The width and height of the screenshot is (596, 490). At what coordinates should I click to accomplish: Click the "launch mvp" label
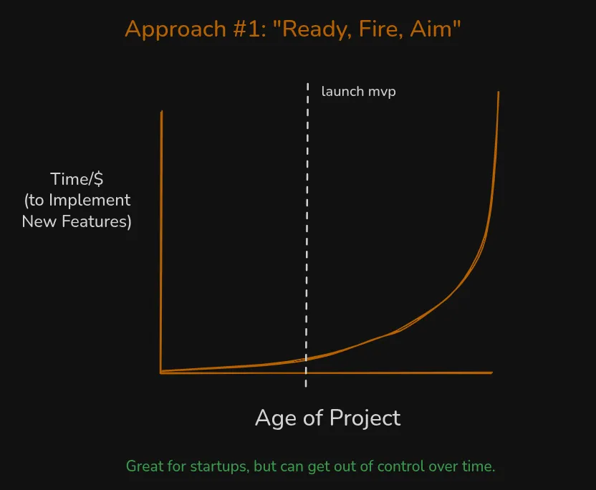(358, 92)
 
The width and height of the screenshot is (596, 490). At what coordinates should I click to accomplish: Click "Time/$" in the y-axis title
(77, 180)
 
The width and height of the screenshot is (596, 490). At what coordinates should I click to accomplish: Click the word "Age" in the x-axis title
(277, 418)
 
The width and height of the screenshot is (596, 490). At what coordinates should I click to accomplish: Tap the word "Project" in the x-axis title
(365, 418)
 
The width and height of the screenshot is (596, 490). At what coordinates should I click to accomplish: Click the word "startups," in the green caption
(216, 466)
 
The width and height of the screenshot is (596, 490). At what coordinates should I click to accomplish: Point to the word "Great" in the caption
(145, 466)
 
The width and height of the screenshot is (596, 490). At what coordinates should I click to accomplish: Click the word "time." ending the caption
(478, 466)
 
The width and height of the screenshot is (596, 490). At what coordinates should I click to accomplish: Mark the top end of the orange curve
(498, 92)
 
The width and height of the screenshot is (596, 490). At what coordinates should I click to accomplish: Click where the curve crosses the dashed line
(307, 358)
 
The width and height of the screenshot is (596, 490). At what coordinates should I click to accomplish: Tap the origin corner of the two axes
(161, 373)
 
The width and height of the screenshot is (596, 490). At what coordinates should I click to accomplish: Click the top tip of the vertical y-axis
(162, 112)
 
